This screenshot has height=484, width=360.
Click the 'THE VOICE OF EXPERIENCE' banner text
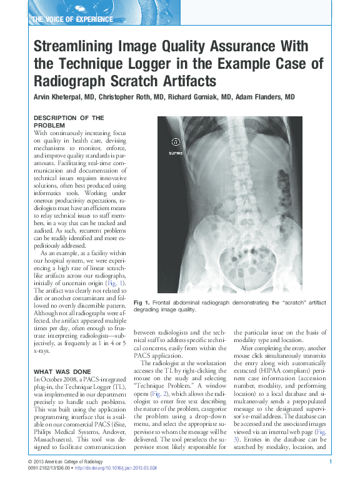[x=72, y=19]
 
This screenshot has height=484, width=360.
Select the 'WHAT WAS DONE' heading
[x=61, y=373]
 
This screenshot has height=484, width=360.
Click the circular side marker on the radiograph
[x=176, y=141]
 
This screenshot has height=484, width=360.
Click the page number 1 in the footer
[x=329, y=461]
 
